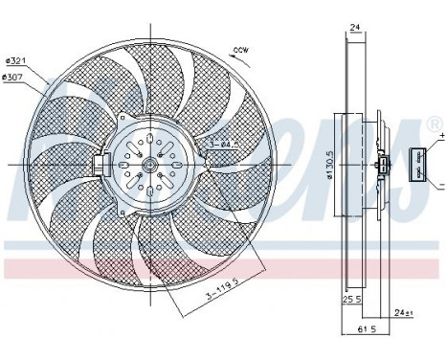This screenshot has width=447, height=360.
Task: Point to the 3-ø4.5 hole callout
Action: tap(221, 146)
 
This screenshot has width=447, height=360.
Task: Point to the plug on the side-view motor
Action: tap(383, 168)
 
